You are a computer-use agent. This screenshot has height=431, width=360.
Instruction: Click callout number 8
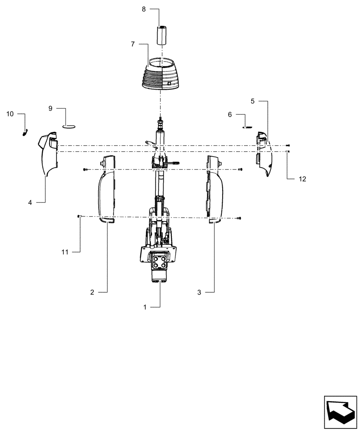point(144,9)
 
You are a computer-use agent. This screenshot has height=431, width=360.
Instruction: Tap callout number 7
point(133,44)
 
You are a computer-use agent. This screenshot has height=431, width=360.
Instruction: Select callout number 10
point(10,114)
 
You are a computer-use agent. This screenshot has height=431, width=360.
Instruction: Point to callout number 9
point(50,109)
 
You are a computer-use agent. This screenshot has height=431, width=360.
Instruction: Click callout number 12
point(302,179)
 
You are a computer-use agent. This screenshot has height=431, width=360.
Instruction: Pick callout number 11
point(65,252)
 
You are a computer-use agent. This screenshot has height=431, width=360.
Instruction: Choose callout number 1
point(145,307)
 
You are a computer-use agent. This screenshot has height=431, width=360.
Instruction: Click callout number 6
point(230,115)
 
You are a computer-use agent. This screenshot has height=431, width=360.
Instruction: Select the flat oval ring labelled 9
point(68,126)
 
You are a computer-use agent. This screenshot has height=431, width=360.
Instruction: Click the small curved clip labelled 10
point(25,132)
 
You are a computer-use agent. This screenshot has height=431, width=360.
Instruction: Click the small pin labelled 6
point(248,127)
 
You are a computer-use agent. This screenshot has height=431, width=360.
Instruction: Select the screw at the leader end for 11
point(78,217)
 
